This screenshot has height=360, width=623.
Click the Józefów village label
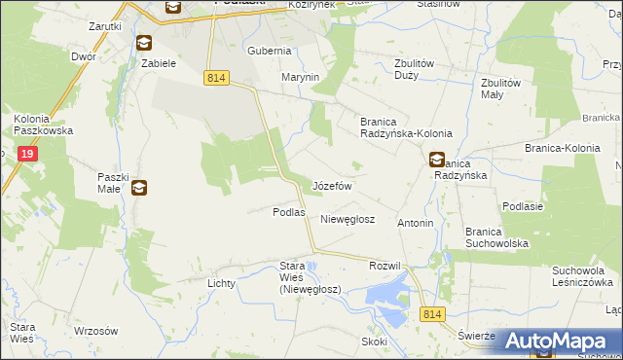click(x=331, y=185)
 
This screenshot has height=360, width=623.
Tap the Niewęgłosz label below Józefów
click(x=348, y=220)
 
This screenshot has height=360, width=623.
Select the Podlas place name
click(x=289, y=212)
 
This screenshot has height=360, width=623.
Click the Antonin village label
click(x=415, y=223)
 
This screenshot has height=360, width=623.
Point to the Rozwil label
click(x=385, y=266)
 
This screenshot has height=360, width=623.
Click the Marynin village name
click(x=301, y=77)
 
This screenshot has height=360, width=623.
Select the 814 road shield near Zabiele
click(x=216, y=77)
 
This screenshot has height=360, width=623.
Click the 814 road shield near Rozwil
click(x=433, y=313)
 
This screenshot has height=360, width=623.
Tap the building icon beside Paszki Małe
click(x=139, y=188)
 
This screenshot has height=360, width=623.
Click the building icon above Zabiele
click(x=144, y=43)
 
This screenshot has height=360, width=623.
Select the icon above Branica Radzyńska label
click(x=437, y=160)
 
